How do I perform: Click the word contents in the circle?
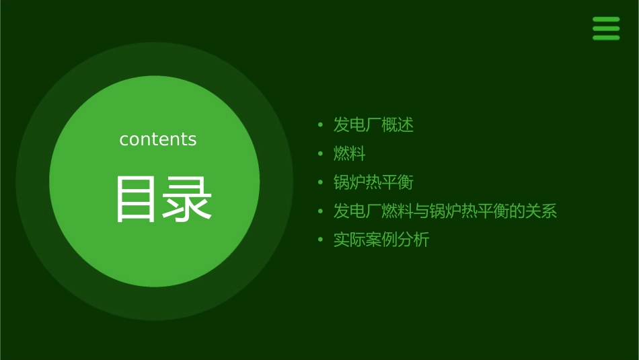pyautogui.click(x=158, y=139)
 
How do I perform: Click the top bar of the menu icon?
pyautogui.click(x=605, y=20)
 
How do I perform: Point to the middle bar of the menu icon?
pyautogui.click(x=605, y=28)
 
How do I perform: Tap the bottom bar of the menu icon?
pyautogui.click(x=605, y=37)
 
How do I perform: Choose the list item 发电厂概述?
pyautogui.click(x=373, y=124)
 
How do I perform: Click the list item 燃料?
pyautogui.click(x=349, y=153)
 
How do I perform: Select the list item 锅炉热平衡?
pyautogui.click(x=373, y=182)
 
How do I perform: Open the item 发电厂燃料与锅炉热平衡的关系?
pyautogui.click(x=445, y=211)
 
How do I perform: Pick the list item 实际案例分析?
pyautogui.click(x=381, y=240)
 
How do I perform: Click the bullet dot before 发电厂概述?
pyautogui.click(x=321, y=125)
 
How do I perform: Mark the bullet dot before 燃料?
pyautogui.click(x=321, y=154)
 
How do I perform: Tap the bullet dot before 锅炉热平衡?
pyautogui.click(x=321, y=183)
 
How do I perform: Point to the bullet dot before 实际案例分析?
pyautogui.click(x=321, y=240)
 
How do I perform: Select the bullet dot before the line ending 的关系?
pyautogui.click(x=321, y=212)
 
